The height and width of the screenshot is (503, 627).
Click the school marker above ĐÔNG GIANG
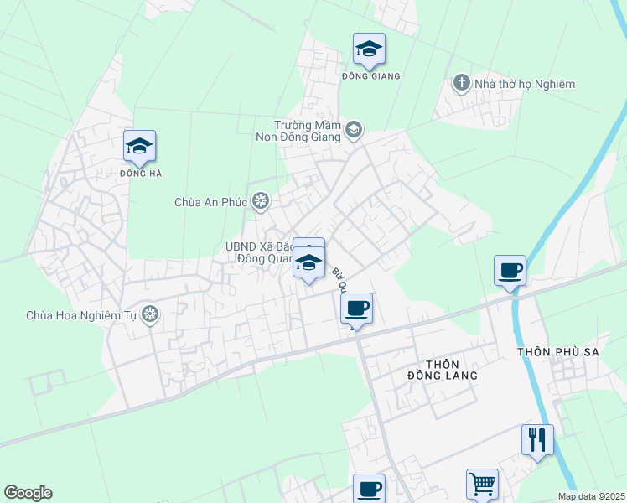point(369,49)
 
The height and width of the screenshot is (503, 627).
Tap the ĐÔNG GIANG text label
point(370,76)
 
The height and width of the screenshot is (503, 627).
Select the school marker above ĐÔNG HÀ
point(139,148)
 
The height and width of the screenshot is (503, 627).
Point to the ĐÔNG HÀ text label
point(140,174)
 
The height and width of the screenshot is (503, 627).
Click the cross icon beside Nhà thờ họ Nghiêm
point(460,83)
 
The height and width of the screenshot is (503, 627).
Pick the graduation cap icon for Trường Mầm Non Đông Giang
point(353,129)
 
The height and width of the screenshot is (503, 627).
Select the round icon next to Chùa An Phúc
point(262,201)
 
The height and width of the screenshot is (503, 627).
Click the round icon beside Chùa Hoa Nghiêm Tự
point(150,315)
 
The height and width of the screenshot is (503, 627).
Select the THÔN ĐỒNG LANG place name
point(451,370)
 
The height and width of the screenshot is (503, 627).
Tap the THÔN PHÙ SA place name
point(558,352)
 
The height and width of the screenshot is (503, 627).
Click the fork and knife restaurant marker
point(536,438)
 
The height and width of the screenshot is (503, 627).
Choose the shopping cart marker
point(482,484)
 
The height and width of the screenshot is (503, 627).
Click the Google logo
point(28,493)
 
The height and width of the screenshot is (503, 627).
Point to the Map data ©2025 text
point(591,496)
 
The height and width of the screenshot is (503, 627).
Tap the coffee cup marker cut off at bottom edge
point(369,488)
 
